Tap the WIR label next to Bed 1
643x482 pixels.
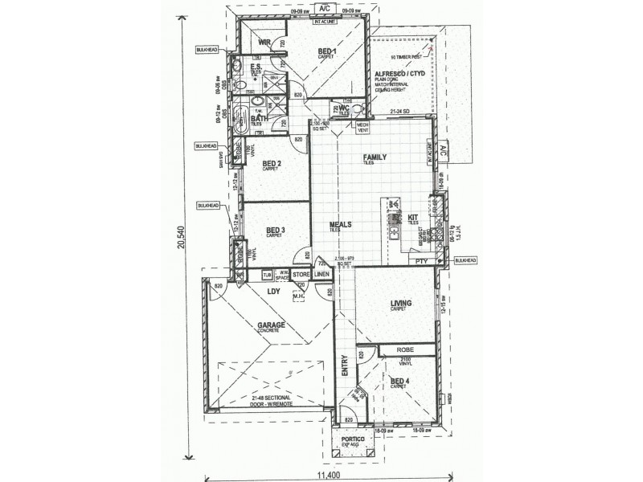click(264, 43)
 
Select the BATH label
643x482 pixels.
click(259, 119)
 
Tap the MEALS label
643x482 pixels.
click(341, 225)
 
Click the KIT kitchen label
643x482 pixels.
click(414, 217)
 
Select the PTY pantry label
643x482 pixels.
click(419, 262)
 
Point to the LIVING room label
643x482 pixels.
click(401, 304)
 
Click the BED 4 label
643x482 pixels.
click(399, 381)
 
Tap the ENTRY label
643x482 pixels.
click(345, 367)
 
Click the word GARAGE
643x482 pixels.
click(272, 325)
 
